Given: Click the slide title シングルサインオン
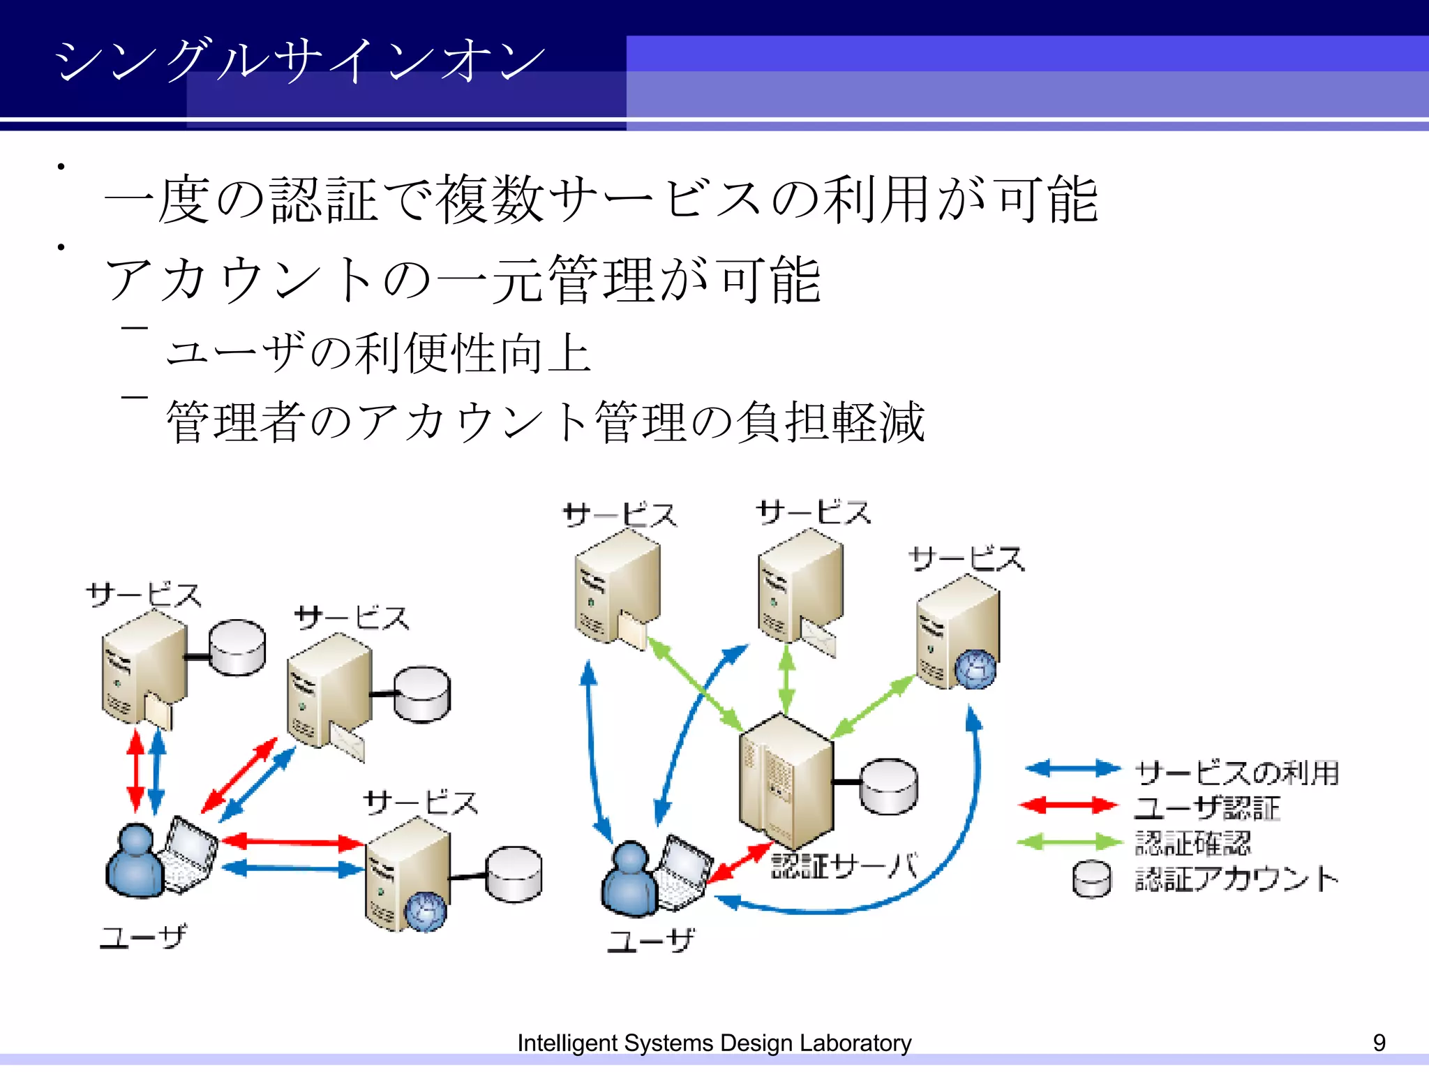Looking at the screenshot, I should (300, 60).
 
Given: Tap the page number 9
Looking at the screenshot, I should (1379, 1043).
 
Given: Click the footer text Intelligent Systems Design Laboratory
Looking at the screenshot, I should (714, 1043).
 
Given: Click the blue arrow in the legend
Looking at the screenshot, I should (1072, 768).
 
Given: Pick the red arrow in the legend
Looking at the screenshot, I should (1068, 805).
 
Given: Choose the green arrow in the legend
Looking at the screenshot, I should (1069, 842).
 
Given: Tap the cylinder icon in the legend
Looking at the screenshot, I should (1092, 879).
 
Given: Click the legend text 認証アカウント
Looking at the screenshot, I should (1236, 879).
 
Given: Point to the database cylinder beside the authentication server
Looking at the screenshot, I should (888, 787).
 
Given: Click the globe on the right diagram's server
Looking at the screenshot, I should (975, 669).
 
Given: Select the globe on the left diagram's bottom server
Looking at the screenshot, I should (425, 911).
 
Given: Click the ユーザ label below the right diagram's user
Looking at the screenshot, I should (650, 941).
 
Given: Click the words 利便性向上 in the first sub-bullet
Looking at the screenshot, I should (474, 353).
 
